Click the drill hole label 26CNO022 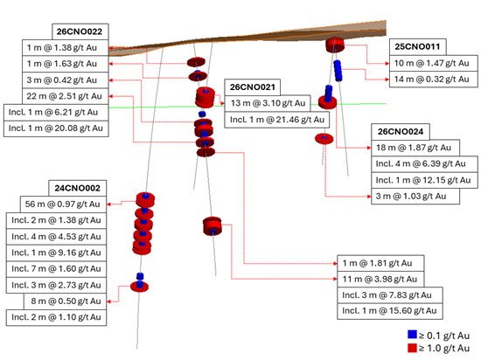coord(80,31)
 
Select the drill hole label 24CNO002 coord(78,188)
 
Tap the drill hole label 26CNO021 coord(253,87)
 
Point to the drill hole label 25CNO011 coord(417,47)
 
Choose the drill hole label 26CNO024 coord(401,132)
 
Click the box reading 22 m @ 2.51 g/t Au coord(66,96)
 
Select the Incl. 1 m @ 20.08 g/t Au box coord(56,128)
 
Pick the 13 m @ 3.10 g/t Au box coord(268,103)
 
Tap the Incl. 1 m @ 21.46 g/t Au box coord(277,120)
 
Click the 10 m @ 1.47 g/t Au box coord(434,63)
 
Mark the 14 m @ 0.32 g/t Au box coord(434,80)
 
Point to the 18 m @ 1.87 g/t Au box coord(415,148)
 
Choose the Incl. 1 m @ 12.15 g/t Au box coord(424,180)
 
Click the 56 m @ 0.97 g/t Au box coord(63,204)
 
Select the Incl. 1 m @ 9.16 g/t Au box coord(56,253)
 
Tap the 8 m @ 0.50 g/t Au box coord(65,301)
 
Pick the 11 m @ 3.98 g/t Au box coord(380,279)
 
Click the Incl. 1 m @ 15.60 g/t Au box coord(390,311)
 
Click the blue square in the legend coord(412,335)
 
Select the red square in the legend coord(412,348)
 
